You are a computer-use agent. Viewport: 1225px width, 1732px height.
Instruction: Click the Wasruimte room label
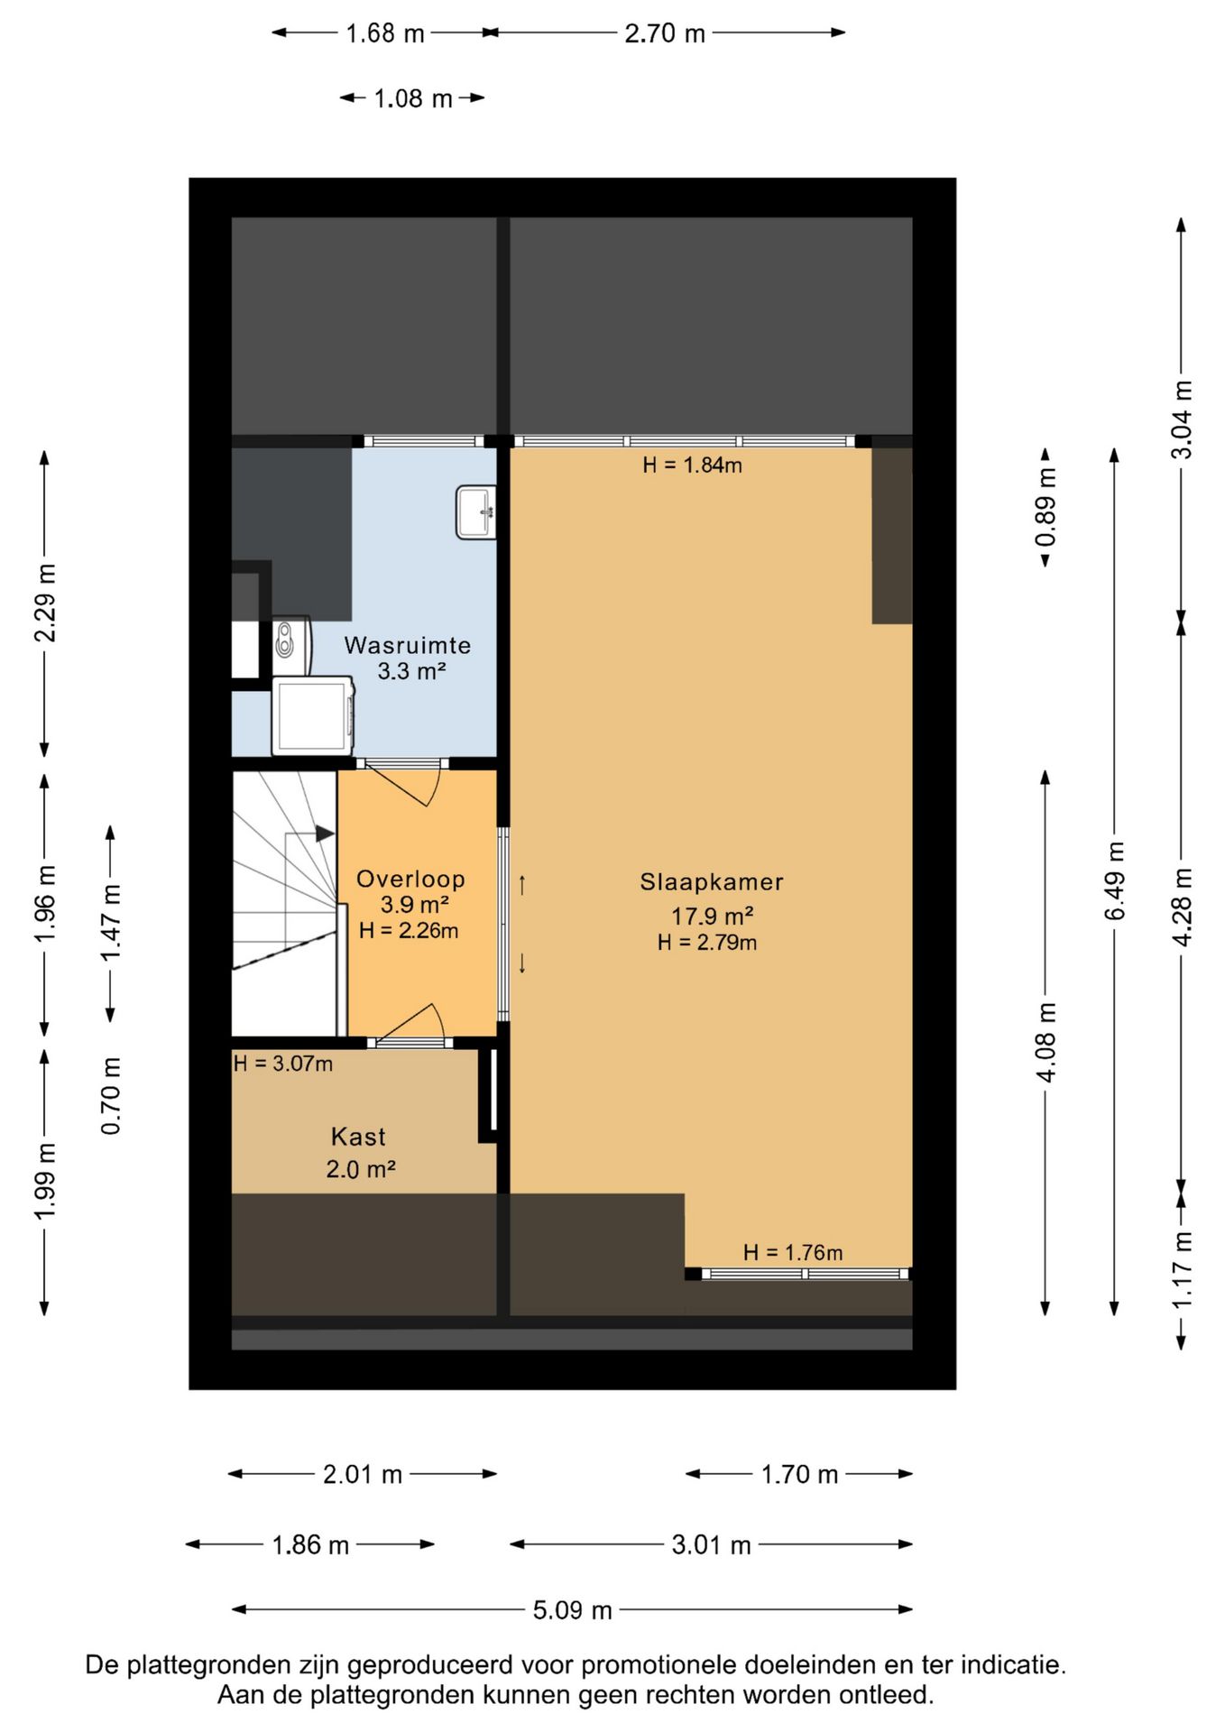tap(408, 646)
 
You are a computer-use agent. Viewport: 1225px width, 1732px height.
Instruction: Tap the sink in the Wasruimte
tap(476, 512)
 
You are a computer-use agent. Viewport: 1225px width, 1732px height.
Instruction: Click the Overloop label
tap(410, 879)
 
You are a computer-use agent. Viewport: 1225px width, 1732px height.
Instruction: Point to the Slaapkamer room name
tap(712, 882)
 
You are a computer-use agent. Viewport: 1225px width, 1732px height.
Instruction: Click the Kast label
tap(358, 1137)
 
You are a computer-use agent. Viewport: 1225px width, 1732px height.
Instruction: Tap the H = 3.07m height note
tap(283, 1064)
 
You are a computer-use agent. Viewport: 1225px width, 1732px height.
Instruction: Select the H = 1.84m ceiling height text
tap(692, 465)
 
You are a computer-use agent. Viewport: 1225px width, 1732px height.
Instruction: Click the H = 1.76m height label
tap(793, 1253)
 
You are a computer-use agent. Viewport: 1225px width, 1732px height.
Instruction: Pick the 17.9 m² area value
tap(712, 917)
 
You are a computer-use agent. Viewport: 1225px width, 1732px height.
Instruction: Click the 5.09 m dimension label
tap(573, 1610)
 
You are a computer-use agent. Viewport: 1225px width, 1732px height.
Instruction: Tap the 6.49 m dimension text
tap(1115, 880)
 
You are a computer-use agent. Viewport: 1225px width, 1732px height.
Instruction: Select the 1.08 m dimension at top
tap(413, 98)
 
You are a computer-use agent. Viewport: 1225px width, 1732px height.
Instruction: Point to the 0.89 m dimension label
tap(1046, 508)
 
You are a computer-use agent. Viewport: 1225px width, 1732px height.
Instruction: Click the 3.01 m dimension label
tap(712, 1545)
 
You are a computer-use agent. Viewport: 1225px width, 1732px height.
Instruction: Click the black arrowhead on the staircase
tap(325, 834)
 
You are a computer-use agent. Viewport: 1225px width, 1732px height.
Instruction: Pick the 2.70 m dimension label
tap(665, 33)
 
